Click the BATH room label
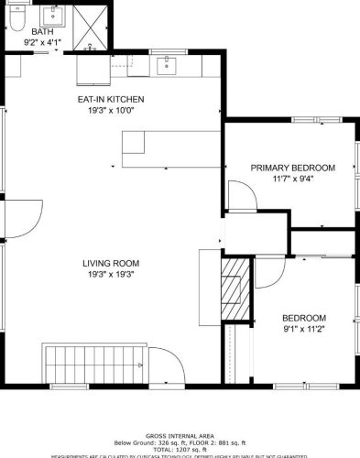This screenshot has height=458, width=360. pos(42,32)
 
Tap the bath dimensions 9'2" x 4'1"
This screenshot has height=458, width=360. pos(42,42)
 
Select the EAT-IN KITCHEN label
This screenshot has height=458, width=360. pos(111,99)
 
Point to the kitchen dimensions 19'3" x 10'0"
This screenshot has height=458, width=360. pos(111,110)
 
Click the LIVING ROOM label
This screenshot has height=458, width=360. pos(111,263)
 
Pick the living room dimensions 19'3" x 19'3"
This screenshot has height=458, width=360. pos(111,274)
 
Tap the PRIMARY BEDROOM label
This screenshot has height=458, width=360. pos(293,168)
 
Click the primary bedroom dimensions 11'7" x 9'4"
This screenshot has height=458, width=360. pos(293,179)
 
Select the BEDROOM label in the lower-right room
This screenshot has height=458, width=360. pos(304,318)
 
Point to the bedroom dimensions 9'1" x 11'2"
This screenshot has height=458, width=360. pos(304,329)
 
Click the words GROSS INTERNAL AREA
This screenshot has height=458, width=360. pos(180,436)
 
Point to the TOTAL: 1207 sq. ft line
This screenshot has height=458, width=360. pos(180,449)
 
